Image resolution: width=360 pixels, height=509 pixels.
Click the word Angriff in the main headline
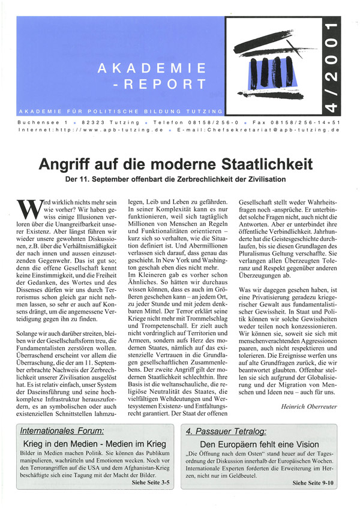pos(67,163)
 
